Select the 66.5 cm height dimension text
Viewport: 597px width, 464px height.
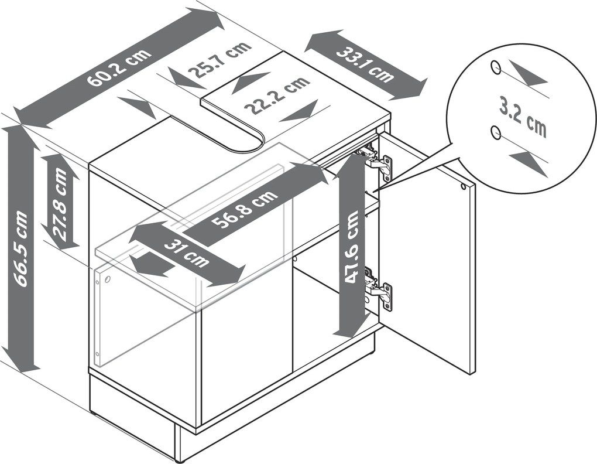pyautogui.click(x=22, y=249)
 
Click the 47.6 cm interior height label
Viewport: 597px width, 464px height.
pyautogui.click(x=352, y=246)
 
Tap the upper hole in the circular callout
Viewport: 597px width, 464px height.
pyautogui.click(x=496, y=67)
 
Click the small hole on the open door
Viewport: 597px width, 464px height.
pyautogui.click(x=463, y=187)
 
